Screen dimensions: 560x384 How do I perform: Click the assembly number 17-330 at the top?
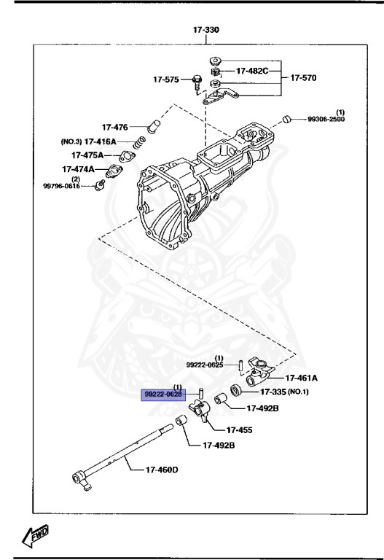coord(205,30)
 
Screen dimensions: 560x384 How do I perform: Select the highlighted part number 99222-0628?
coord(162,394)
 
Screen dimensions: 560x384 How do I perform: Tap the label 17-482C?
coord(252,71)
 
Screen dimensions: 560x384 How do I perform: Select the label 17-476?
coord(116,127)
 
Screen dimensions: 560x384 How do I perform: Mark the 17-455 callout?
coord(239,430)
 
